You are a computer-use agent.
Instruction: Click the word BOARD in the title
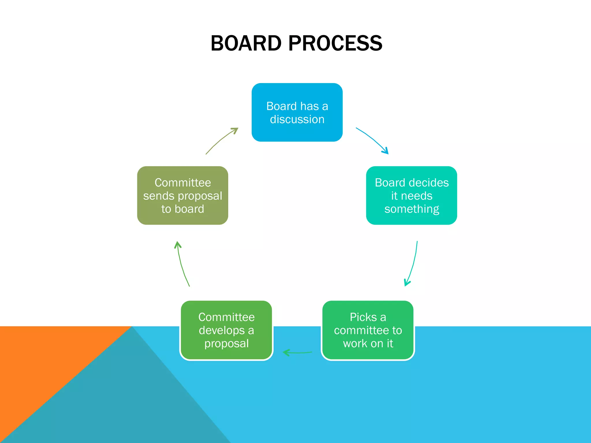coord(246,43)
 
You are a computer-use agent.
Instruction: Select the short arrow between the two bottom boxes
coord(297,352)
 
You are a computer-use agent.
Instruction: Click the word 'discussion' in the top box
coord(297,119)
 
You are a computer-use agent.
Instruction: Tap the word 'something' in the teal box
coord(412,209)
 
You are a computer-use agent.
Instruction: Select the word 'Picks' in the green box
coord(363,317)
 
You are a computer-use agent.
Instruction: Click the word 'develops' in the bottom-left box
coord(221,331)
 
